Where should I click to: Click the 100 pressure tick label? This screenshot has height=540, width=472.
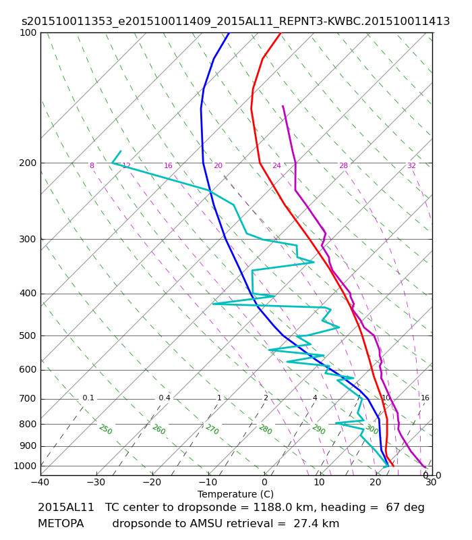click(28, 32)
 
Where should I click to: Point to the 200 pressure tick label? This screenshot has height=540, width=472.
click(28, 163)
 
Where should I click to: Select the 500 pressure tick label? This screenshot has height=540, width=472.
click(28, 335)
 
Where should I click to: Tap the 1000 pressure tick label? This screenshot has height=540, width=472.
click(25, 466)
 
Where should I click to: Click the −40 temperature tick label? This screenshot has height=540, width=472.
click(40, 482)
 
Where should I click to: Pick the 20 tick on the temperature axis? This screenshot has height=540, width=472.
click(376, 482)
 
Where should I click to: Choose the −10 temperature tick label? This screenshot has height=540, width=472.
click(208, 482)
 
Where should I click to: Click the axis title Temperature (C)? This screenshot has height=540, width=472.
click(235, 494)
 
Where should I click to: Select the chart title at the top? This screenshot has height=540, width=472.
click(235, 22)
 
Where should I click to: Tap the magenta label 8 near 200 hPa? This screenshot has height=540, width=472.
click(92, 165)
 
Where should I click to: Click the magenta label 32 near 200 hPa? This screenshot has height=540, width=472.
click(411, 165)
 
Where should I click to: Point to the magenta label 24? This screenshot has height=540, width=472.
click(276, 165)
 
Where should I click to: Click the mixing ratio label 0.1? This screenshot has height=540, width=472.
click(88, 398)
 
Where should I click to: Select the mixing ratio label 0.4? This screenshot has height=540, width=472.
click(165, 398)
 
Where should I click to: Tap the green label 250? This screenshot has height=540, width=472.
click(106, 429)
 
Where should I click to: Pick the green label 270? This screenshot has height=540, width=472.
click(212, 429)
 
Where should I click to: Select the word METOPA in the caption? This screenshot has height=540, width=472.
click(61, 524)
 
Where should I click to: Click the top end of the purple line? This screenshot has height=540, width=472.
click(283, 106)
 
